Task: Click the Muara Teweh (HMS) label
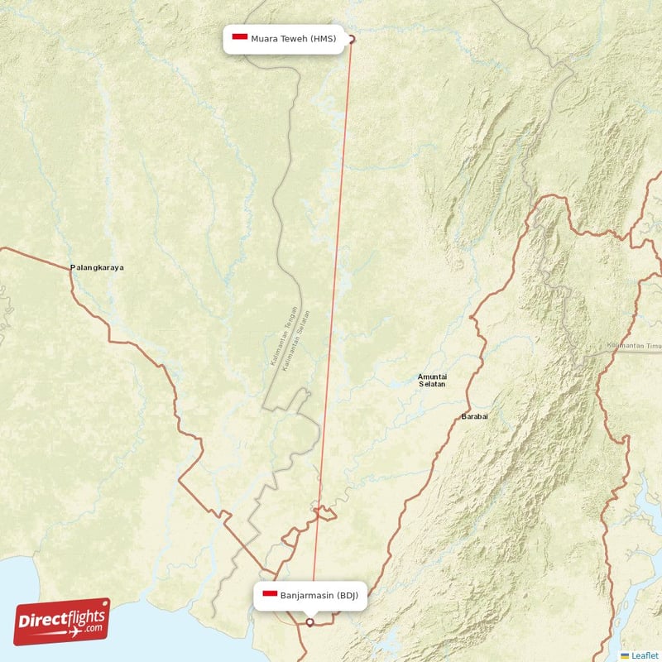coord(284,39)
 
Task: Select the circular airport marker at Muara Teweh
coord(351,39)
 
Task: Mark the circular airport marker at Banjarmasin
coord(309,622)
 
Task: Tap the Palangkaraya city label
coord(97,268)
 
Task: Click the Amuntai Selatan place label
coord(433,381)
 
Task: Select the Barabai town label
coord(474,416)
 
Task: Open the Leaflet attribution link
coord(644,655)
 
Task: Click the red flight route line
coord(331,331)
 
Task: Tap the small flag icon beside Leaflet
coord(625,655)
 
